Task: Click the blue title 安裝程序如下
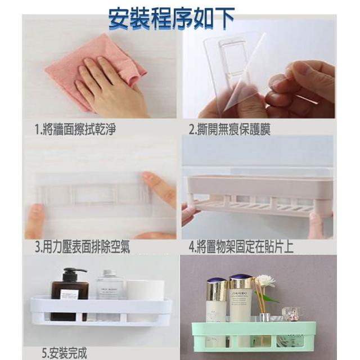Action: [x=171, y=19]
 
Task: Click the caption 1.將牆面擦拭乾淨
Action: [x=75, y=129]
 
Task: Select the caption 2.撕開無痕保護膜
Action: [x=229, y=129]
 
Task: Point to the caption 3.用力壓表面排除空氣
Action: [x=83, y=247]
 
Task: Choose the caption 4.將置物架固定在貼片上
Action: [x=241, y=247]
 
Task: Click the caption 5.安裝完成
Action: [x=65, y=353]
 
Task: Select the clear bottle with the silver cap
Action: [x=110, y=285]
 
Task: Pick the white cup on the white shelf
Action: [x=145, y=290]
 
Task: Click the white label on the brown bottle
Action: [x=69, y=294]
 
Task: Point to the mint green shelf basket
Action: [x=254, y=336]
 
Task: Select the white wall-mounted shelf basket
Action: [x=101, y=310]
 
